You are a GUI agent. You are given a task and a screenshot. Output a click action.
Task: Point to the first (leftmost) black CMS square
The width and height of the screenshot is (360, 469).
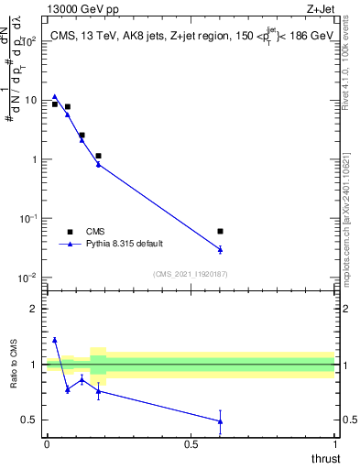(55, 104)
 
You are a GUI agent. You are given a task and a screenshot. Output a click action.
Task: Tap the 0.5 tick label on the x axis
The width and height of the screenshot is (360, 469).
(191, 443)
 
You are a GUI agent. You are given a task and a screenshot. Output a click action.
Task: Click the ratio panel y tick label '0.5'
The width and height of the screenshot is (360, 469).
(29, 420)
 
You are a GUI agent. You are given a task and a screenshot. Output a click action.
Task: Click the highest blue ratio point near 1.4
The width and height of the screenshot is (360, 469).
(55, 340)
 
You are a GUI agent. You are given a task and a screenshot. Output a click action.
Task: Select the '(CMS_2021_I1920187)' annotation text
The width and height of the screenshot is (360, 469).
(190, 274)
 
